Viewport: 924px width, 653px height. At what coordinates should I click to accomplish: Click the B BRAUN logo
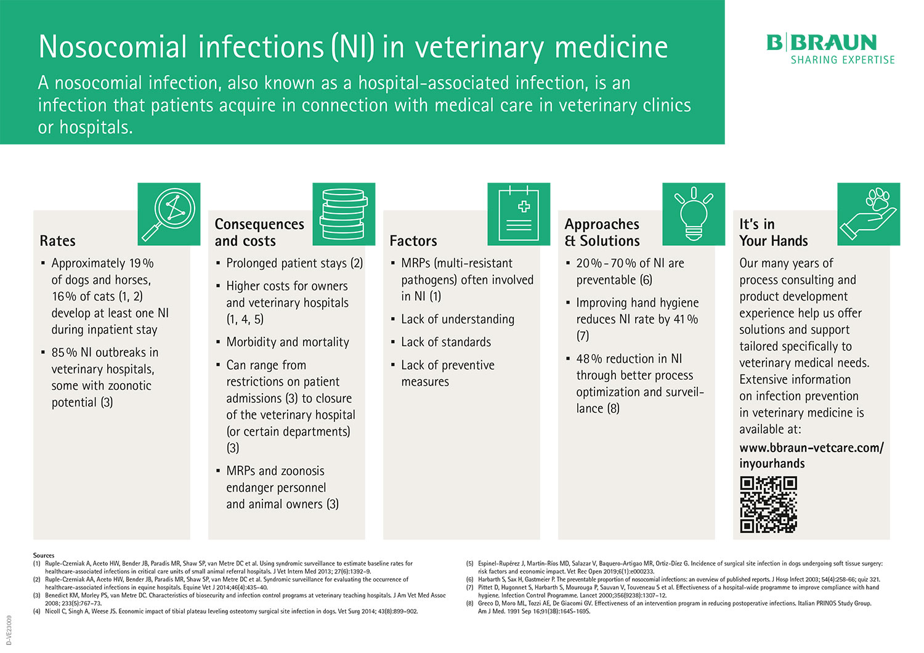coord(822,43)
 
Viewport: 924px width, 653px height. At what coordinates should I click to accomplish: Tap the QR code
coord(768,504)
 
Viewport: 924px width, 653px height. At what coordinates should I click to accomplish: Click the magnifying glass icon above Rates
coord(169,214)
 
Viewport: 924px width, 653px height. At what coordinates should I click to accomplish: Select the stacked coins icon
coord(344,214)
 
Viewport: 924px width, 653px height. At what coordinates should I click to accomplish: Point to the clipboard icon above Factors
coord(519,214)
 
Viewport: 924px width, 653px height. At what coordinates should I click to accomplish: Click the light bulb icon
coord(694,214)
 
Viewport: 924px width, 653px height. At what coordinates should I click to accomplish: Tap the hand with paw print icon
coord(869,214)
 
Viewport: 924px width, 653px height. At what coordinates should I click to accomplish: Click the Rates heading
coord(57,241)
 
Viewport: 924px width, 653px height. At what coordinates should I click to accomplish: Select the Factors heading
coord(413,241)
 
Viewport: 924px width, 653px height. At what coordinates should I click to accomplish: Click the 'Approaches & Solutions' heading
coord(602,232)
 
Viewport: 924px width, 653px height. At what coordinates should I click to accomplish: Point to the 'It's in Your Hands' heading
coord(773,232)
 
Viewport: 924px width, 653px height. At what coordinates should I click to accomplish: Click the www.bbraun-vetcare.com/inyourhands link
coord(811,455)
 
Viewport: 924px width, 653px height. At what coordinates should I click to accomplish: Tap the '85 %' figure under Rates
coord(64,353)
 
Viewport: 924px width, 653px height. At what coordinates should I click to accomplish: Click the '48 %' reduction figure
coord(589,359)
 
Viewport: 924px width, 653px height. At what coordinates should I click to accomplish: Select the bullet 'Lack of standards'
coord(446,343)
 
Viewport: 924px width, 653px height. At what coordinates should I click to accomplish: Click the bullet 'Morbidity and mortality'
coord(287,343)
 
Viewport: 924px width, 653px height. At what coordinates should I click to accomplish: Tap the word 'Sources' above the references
coord(44,556)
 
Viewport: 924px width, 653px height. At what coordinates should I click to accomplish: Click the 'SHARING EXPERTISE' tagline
coord(842,60)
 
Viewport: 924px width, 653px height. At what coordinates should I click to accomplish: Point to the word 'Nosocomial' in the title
coord(113,47)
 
